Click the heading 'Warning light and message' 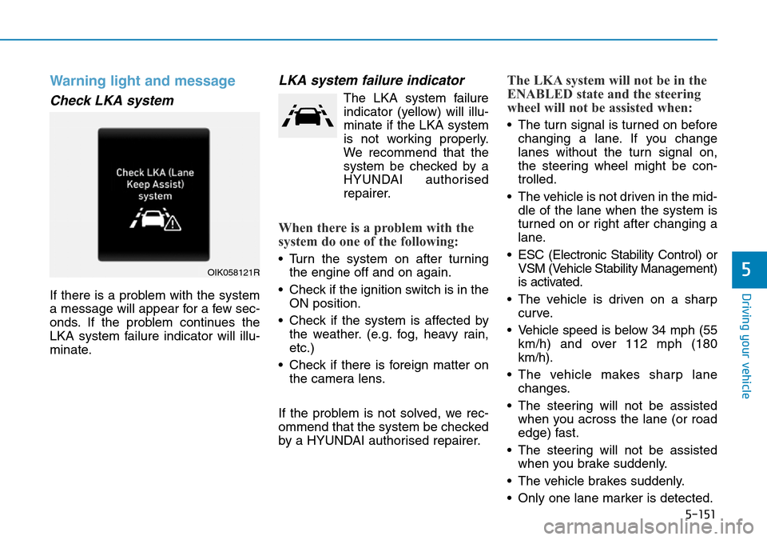[x=142, y=81]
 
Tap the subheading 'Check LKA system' [x=111, y=101]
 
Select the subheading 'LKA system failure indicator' [x=371, y=80]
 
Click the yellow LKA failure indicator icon [x=308, y=115]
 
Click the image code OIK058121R [x=233, y=271]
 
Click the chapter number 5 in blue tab [x=748, y=272]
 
